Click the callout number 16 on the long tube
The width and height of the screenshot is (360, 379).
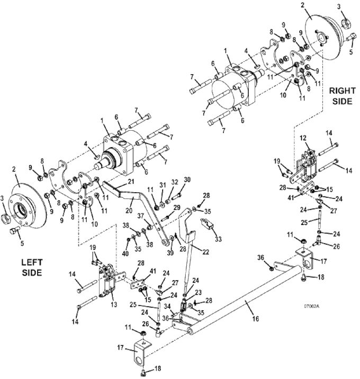(256, 319)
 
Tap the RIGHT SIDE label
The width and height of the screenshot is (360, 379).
(343, 96)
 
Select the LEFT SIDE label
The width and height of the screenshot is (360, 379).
(32, 267)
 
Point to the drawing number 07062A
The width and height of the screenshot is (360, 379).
(311, 306)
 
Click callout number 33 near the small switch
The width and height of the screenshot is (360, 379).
(218, 239)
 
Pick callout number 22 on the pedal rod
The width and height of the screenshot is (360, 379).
(205, 252)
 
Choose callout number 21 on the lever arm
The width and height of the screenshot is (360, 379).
(131, 182)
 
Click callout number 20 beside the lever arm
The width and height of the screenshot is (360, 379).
(129, 210)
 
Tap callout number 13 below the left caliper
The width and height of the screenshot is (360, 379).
(114, 304)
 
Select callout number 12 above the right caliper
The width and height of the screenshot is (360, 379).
(303, 138)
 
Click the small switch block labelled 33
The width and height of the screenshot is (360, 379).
(206, 223)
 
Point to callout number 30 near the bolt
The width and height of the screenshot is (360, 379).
(187, 179)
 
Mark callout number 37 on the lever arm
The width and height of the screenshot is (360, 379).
(141, 216)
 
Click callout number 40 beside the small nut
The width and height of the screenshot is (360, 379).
(125, 254)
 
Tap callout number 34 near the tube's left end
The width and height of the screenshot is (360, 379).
(167, 306)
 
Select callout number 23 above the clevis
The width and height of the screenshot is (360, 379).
(198, 293)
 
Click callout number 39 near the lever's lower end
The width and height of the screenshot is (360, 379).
(170, 253)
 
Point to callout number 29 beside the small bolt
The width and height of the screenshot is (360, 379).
(177, 207)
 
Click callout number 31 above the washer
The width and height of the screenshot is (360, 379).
(163, 185)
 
